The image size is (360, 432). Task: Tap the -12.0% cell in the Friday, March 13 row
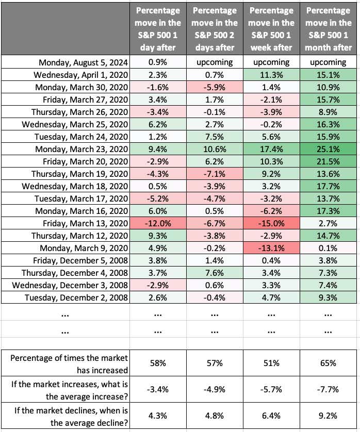pyautogui.click(x=158, y=223)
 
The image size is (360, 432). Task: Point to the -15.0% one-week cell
pyautogui.click(x=271, y=223)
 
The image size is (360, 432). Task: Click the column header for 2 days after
pyautogui.click(x=215, y=29)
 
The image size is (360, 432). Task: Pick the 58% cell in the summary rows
pyautogui.click(x=158, y=363)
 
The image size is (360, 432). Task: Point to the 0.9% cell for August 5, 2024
pyautogui.click(x=158, y=62)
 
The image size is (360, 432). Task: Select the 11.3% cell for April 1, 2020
pyautogui.click(x=271, y=75)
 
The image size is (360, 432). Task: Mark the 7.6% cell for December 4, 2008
pyautogui.click(x=215, y=273)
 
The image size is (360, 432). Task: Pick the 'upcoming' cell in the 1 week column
pyautogui.click(x=271, y=62)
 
